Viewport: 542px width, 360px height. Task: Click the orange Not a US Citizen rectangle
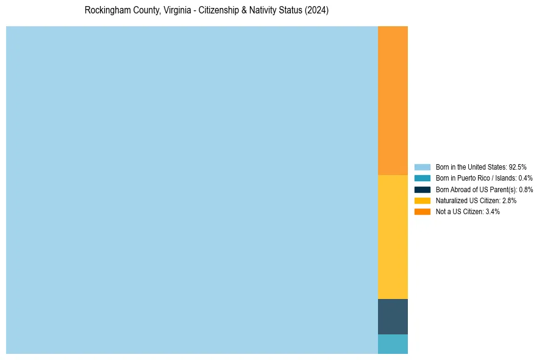(x=393, y=101)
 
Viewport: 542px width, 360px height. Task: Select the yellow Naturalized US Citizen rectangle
(x=393, y=237)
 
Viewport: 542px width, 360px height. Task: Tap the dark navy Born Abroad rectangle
(x=393, y=317)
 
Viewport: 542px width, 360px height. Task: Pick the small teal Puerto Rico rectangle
(x=393, y=344)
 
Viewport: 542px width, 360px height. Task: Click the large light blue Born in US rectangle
(x=192, y=190)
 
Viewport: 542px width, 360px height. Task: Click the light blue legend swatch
(x=423, y=167)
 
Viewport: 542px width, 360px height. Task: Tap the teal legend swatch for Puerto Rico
(x=423, y=178)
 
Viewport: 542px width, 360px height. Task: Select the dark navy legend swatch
(x=423, y=189)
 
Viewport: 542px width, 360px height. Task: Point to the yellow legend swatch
(x=423, y=200)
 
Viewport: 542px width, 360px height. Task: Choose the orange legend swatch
(x=423, y=211)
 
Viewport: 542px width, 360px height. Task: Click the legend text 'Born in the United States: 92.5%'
(x=481, y=167)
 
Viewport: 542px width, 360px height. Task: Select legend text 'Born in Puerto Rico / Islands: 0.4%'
(x=484, y=178)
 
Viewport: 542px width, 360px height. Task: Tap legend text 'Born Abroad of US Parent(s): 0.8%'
(x=484, y=189)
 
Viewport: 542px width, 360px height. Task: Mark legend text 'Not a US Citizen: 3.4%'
(x=468, y=211)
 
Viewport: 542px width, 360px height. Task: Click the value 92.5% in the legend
(x=517, y=167)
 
